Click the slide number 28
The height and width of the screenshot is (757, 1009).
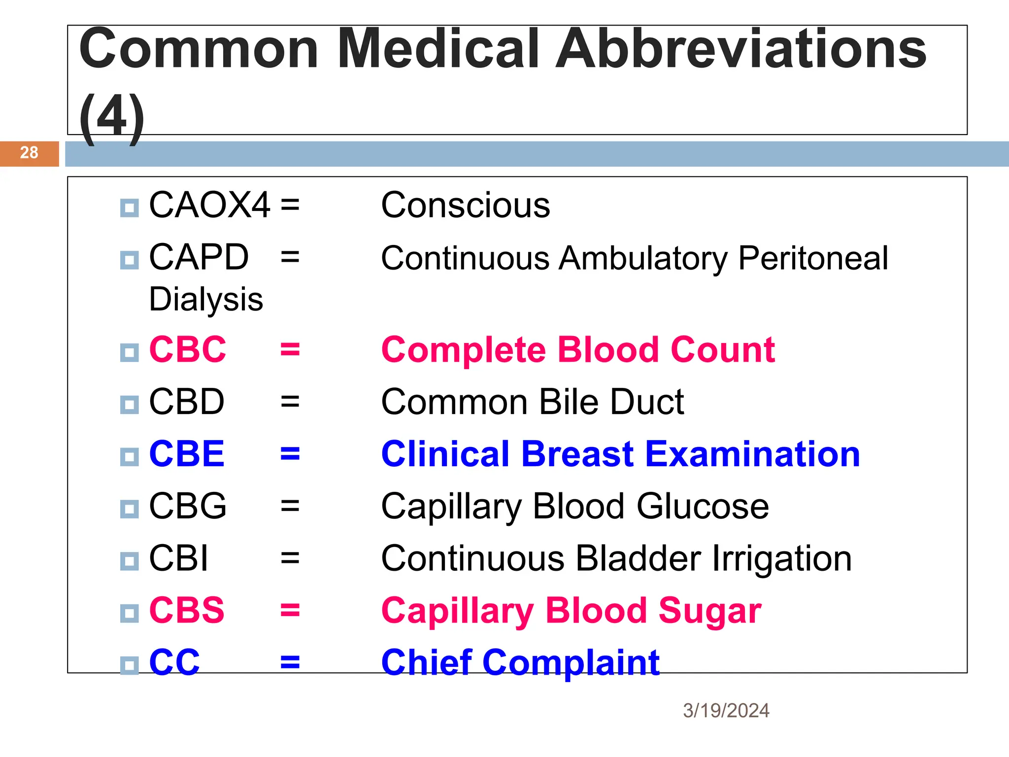click(29, 153)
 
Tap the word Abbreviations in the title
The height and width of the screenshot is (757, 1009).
click(741, 49)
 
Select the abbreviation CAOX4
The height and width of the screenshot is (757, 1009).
click(210, 205)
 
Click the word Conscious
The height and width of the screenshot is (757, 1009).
click(466, 206)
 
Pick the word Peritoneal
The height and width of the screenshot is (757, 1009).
click(813, 258)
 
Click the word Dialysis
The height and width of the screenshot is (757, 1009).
click(206, 300)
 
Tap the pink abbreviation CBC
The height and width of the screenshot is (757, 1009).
click(188, 349)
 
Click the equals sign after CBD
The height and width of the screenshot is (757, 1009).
click(290, 402)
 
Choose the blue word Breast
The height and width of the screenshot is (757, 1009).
click(577, 454)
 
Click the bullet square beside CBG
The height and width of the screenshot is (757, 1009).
click(130, 509)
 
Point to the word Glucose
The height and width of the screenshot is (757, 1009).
click(703, 507)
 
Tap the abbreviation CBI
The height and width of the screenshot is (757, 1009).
click(178, 558)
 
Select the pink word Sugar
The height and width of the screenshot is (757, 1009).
click(710, 611)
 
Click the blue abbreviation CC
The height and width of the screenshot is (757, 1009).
click(174, 662)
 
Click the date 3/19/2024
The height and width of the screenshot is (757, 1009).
click(726, 711)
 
